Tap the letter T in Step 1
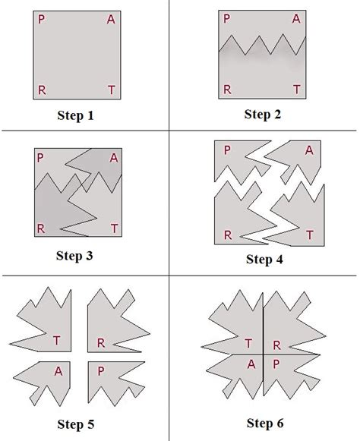point(112,90)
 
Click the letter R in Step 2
point(226,90)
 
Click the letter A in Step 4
point(308,150)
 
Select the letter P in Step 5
point(101,371)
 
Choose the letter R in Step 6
point(277,345)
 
